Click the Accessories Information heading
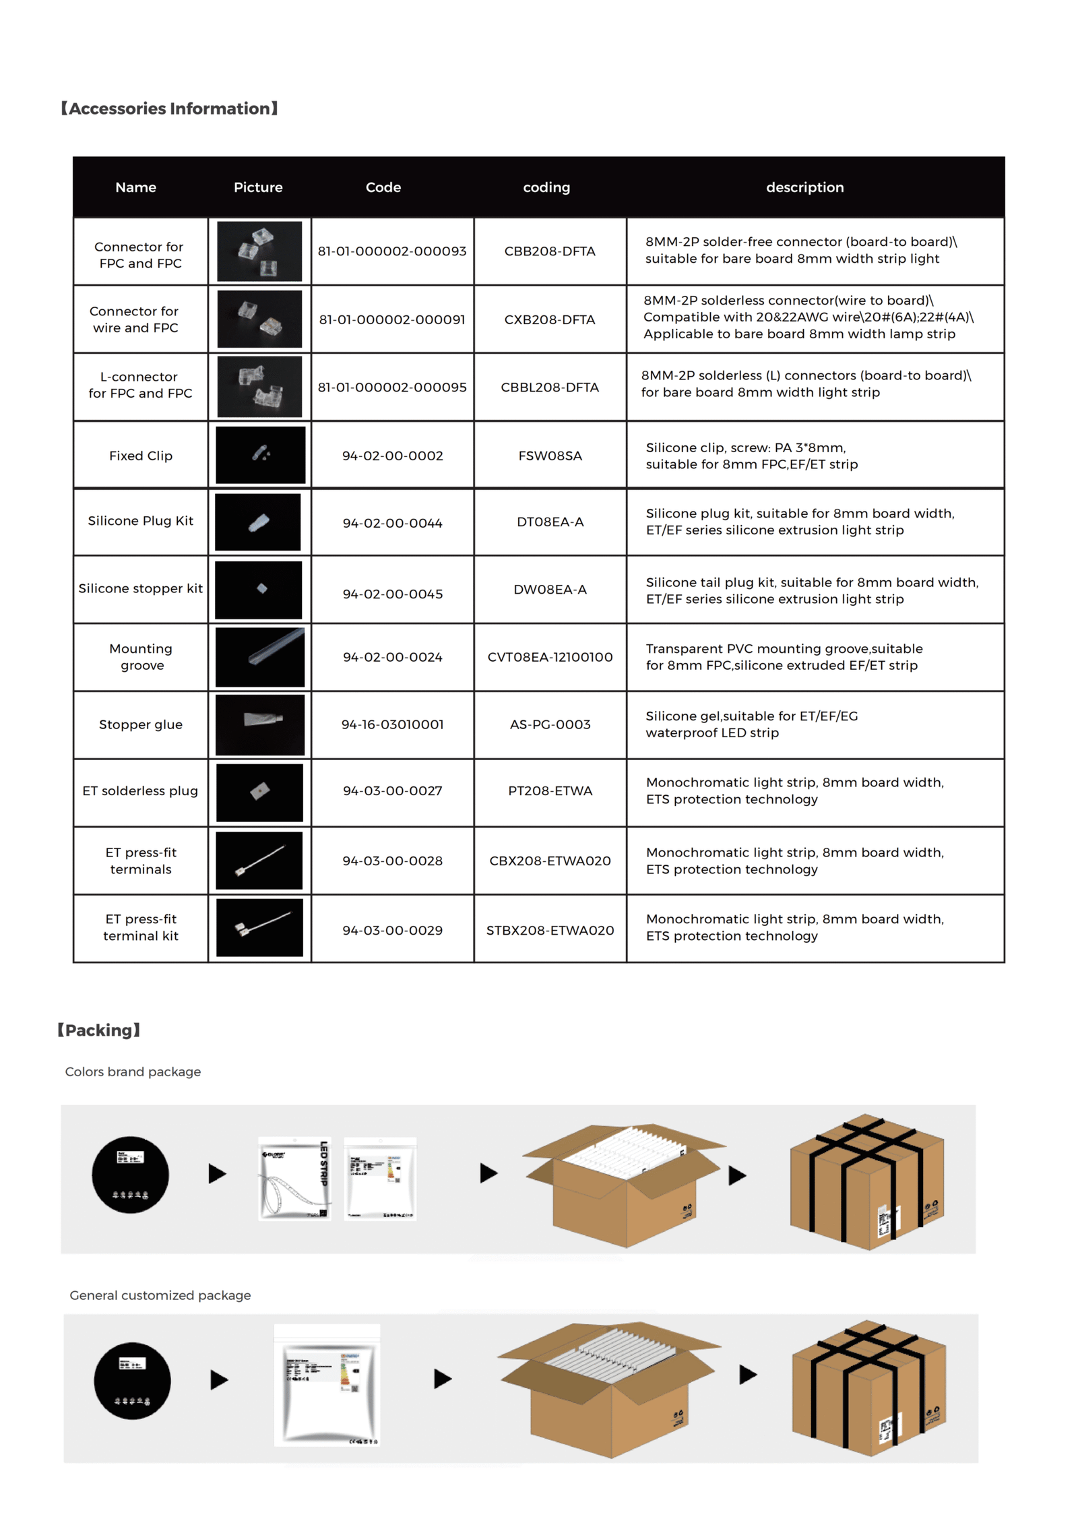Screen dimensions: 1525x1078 [169, 108]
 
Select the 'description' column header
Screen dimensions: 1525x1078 [804, 187]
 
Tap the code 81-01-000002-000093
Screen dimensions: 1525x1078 [391, 251]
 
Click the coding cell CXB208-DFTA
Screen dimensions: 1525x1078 [549, 319]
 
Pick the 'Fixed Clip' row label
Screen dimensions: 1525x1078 [141, 456]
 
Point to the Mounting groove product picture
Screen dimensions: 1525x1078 [259, 656]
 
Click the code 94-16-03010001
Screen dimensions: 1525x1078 [392, 724]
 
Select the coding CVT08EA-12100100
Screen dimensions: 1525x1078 [550, 657]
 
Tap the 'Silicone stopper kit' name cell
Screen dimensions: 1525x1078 [140, 588]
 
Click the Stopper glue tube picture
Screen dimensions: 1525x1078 [259, 724]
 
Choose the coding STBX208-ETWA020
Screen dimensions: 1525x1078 [550, 930]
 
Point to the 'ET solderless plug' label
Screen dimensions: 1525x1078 [140, 790]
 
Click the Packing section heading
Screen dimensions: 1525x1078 [99, 1030]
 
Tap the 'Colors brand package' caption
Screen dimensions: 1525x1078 [133, 1071]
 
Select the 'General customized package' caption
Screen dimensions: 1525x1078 [160, 1295]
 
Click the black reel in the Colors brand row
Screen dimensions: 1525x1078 [130, 1175]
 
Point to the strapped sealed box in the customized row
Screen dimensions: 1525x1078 [868, 1388]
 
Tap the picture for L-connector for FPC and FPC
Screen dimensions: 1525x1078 [259, 387]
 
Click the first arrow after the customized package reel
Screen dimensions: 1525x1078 [219, 1379]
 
